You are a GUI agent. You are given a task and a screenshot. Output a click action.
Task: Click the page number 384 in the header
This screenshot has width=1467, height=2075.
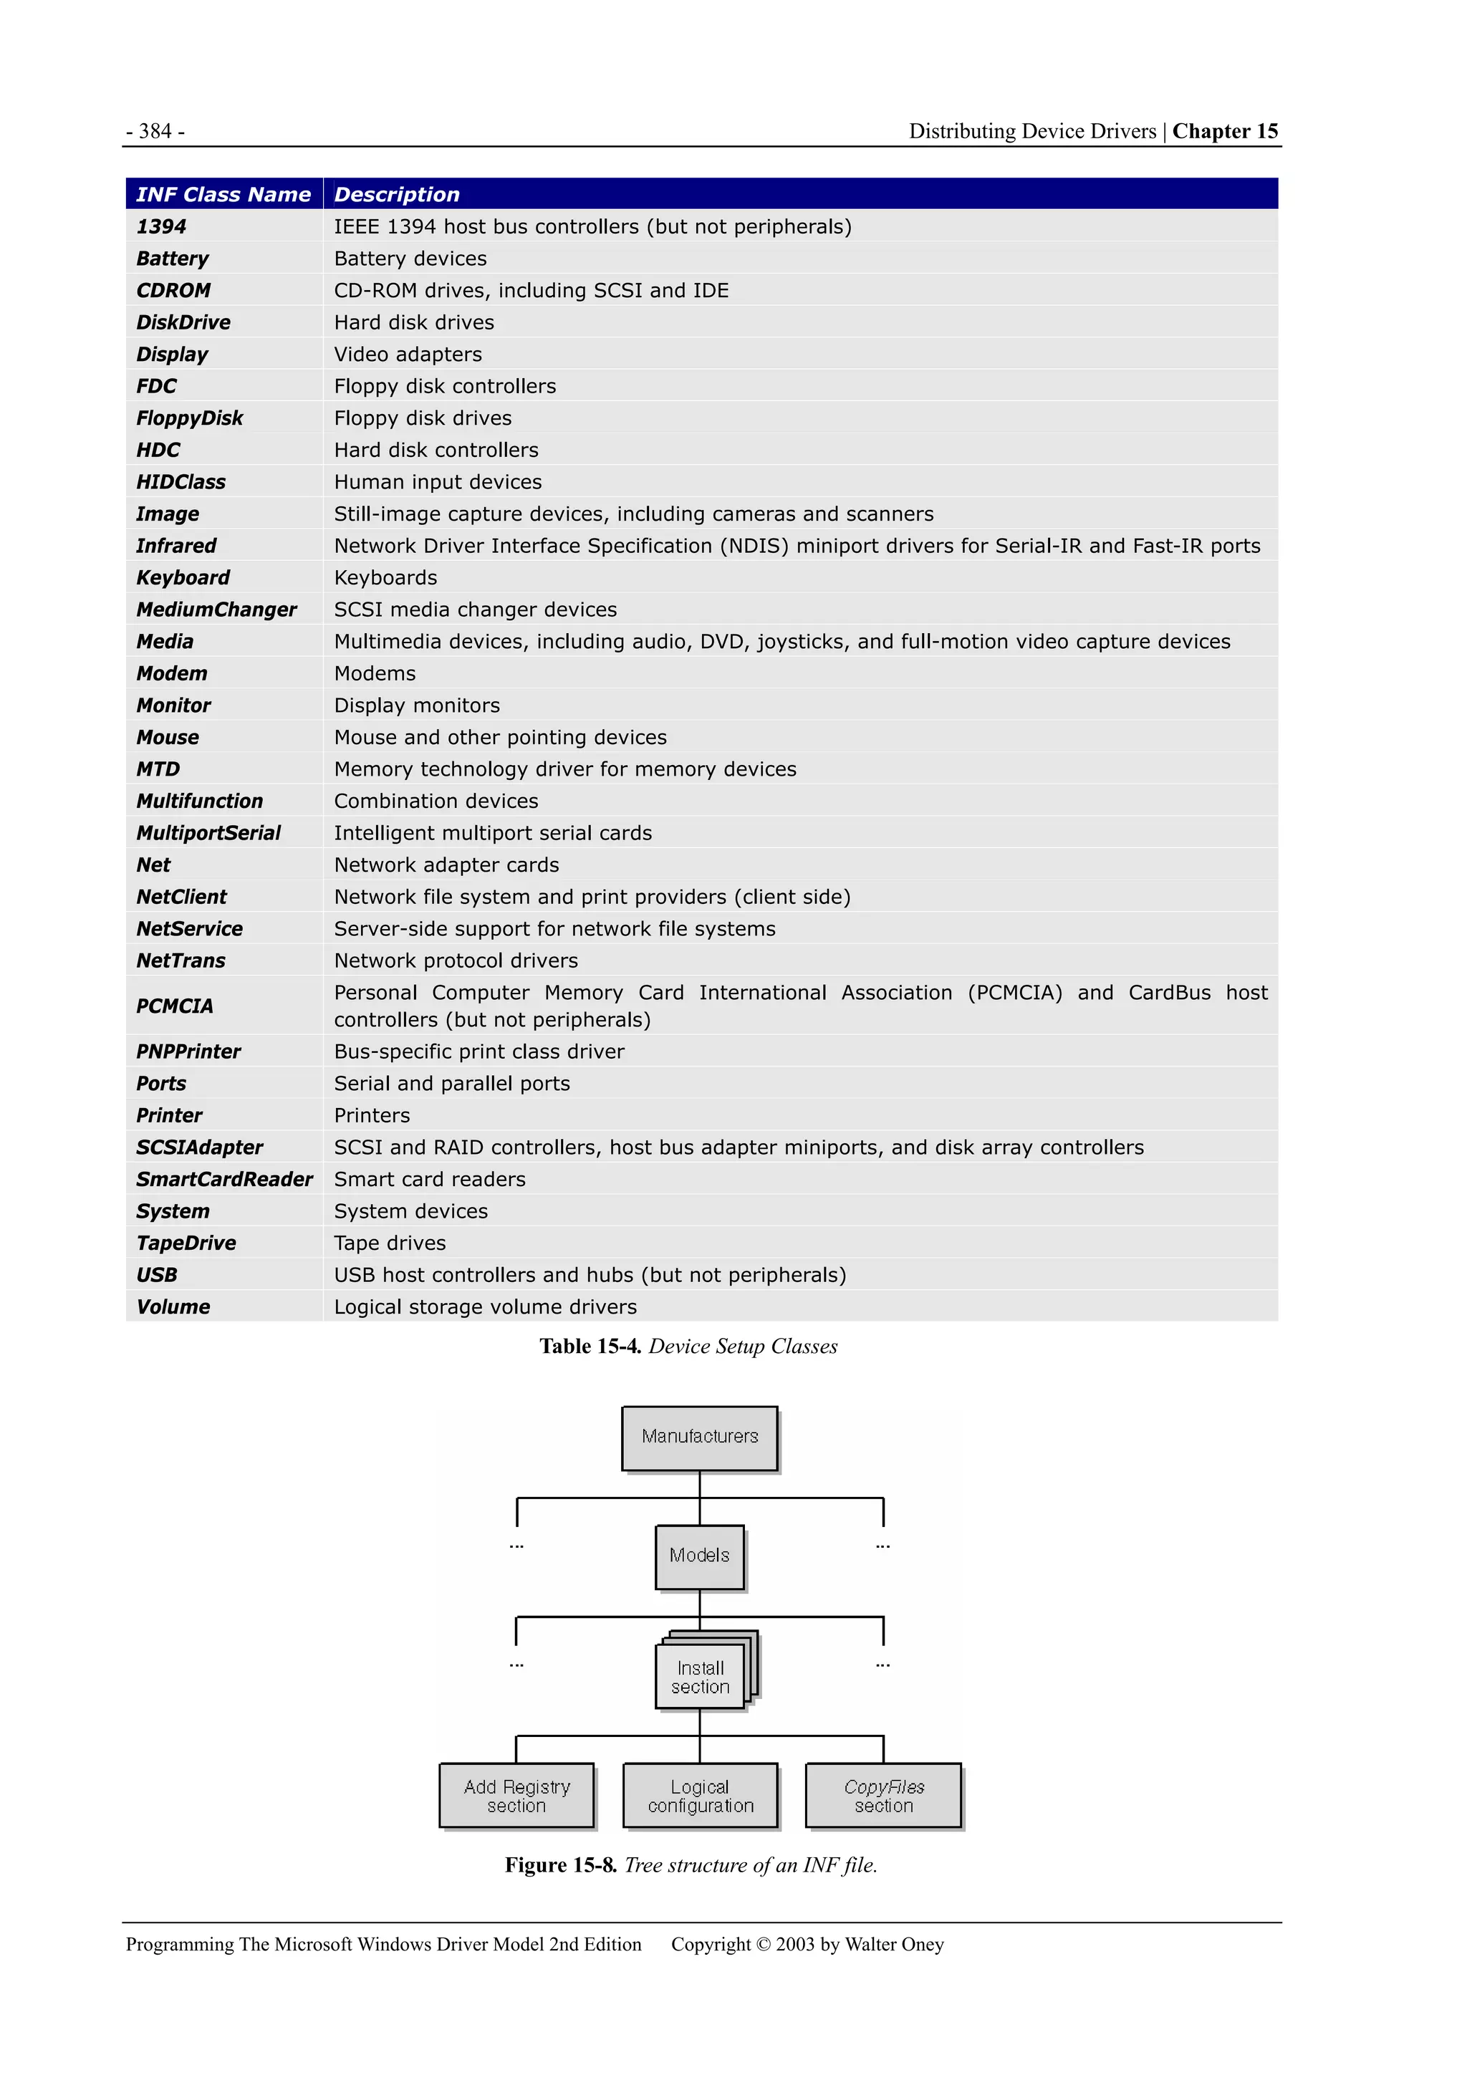tap(155, 132)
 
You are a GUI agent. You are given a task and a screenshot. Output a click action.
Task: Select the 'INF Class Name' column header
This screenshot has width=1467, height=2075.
tap(223, 194)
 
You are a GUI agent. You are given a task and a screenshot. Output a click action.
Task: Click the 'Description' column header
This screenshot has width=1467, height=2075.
tap(396, 194)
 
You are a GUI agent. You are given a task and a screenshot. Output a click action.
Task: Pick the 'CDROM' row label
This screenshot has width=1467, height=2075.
tap(173, 291)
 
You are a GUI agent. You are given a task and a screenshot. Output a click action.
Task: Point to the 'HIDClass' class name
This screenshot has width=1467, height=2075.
tap(181, 483)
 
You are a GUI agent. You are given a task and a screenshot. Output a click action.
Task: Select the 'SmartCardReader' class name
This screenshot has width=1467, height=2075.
tap(224, 1180)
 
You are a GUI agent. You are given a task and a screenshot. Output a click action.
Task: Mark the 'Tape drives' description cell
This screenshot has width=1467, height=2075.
tap(390, 1243)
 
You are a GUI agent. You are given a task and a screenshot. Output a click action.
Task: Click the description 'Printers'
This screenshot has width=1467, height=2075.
tap(372, 1116)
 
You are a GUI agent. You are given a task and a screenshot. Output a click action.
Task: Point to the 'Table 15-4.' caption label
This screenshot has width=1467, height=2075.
tap(590, 1347)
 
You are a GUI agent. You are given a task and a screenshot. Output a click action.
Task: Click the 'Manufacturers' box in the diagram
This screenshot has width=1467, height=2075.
tap(700, 1437)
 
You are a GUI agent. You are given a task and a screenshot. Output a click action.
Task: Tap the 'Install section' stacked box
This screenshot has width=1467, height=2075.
tap(701, 1677)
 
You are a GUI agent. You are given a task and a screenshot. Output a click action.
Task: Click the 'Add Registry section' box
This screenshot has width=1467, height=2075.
tap(517, 1796)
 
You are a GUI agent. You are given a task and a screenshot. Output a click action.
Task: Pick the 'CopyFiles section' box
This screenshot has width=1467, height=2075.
tap(883, 1796)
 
